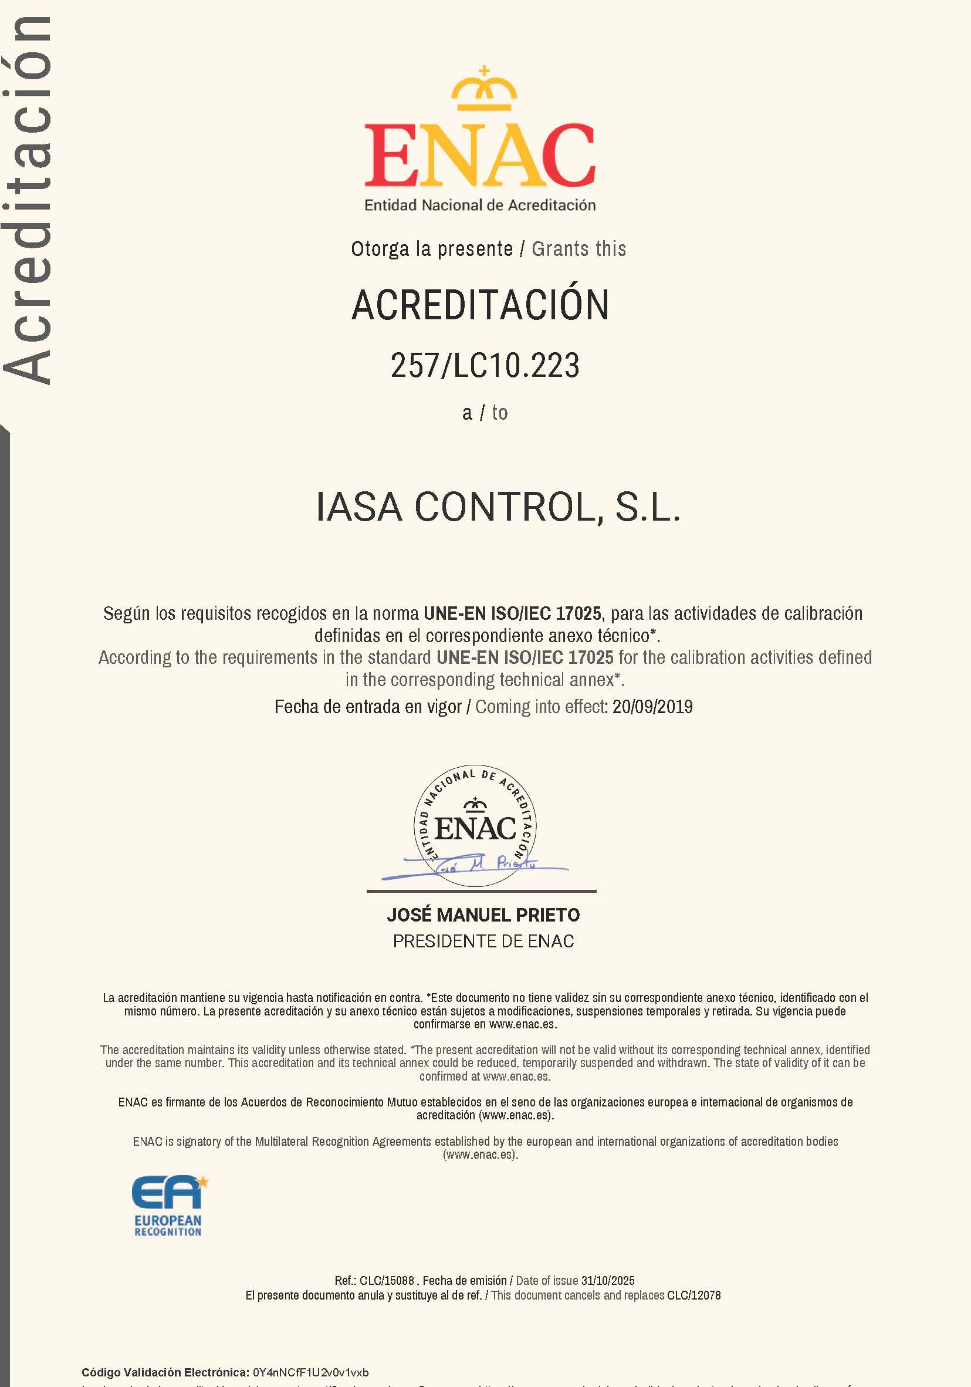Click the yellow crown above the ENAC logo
point(484,90)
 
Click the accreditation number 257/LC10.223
point(485,366)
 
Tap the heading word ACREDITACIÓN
point(481,305)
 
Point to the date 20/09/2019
point(652,707)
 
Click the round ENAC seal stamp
point(475,825)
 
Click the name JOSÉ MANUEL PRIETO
point(483,914)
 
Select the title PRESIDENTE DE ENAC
point(483,941)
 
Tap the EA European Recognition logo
point(168,1206)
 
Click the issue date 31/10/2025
point(607,1280)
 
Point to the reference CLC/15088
point(387,1280)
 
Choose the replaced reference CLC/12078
point(694,1295)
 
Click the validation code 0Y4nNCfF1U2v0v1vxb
point(311,1372)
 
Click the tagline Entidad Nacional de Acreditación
point(480,205)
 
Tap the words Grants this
point(578,249)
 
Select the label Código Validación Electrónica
point(165,1372)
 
